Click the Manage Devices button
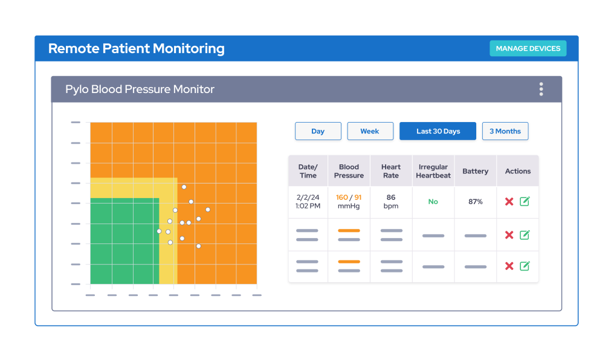(x=528, y=48)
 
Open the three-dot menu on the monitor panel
(x=541, y=89)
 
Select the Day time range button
(x=318, y=131)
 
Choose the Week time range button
(x=370, y=131)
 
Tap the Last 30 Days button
(x=438, y=131)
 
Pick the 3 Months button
(x=505, y=131)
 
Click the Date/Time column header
(x=308, y=171)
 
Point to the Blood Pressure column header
(x=349, y=171)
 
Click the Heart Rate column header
(x=391, y=171)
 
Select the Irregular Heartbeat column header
(x=433, y=171)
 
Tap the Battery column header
(x=476, y=171)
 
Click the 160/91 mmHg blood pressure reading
(x=349, y=201)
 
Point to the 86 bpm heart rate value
(x=391, y=201)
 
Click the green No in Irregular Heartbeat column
(x=433, y=202)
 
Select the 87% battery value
(x=476, y=202)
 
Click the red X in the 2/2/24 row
(x=509, y=202)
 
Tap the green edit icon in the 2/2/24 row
(x=525, y=202)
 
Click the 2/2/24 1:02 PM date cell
(x=308, y=201)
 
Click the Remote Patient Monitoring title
(x=136, y=48)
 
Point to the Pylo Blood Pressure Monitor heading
(x=140, y=89)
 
